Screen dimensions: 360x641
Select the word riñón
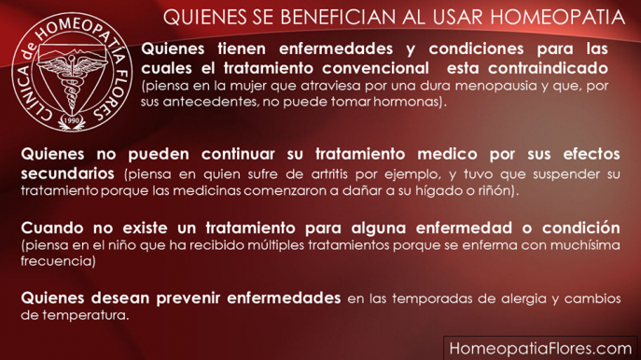pos(498,190)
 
